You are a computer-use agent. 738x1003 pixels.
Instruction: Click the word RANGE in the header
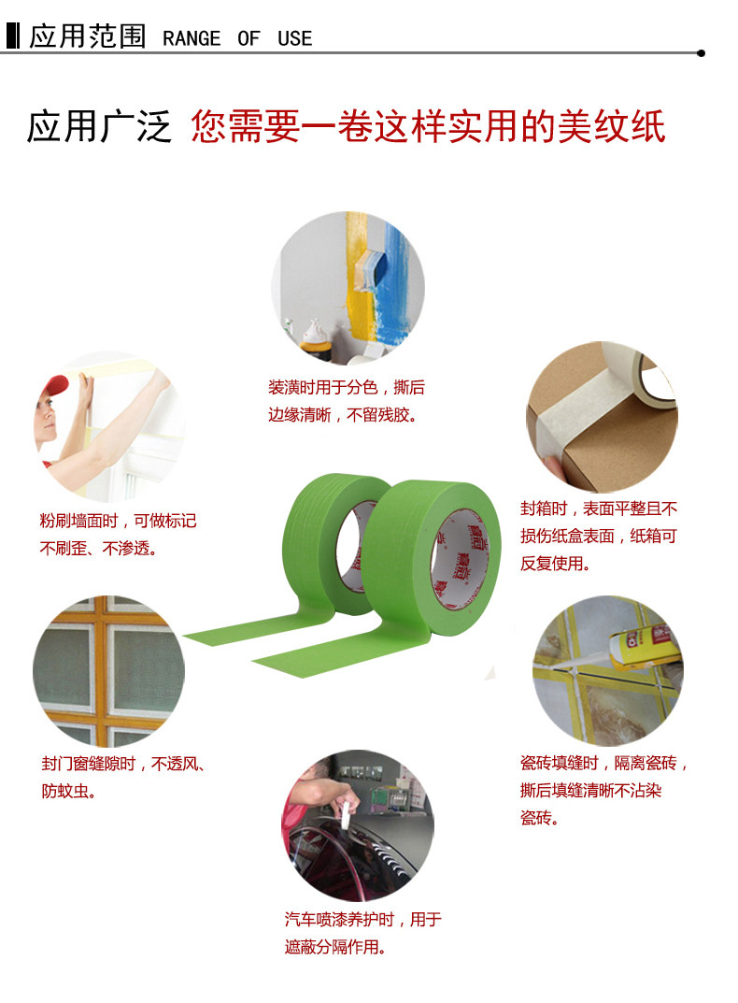192,38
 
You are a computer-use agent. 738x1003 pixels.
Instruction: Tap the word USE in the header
295,38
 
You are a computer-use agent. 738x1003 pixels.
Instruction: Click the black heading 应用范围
88,36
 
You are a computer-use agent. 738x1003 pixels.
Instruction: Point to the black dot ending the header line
701,53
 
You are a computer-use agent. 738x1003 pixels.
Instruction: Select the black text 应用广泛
99,125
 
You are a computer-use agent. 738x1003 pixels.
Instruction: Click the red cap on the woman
56,386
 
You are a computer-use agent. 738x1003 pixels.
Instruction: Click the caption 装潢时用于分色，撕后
346,387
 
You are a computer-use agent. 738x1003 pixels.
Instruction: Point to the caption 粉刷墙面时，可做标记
118,521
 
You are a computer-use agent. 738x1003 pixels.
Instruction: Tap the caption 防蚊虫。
69,791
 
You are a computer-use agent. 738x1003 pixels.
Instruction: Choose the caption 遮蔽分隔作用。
335,947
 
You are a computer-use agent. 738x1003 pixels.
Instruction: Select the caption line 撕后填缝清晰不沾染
591,791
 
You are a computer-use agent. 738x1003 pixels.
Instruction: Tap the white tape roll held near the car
346,815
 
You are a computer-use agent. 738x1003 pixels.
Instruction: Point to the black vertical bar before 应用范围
13,36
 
